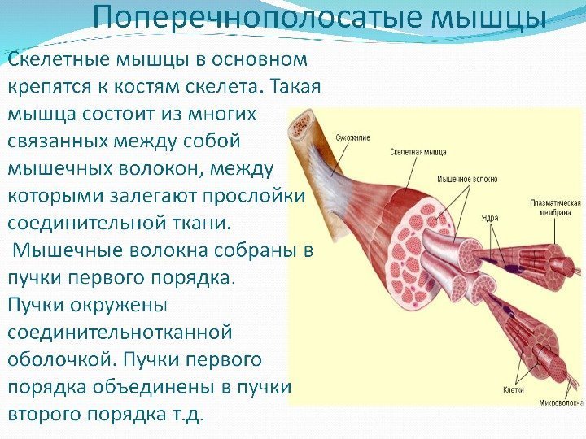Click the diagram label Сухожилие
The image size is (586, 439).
[352, 137]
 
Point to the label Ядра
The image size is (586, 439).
[488, 219]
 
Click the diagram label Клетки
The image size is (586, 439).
[513, 389]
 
